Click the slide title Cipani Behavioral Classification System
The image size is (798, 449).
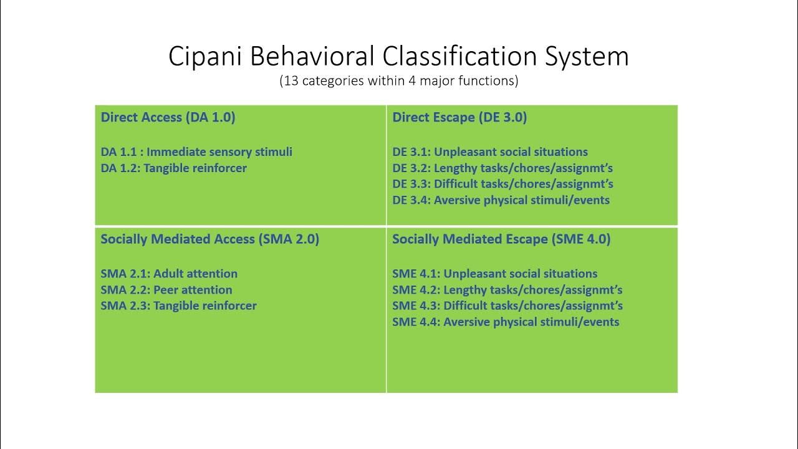(398, 56)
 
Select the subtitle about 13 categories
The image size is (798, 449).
(398, 80)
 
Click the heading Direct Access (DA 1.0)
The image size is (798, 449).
(168, 117)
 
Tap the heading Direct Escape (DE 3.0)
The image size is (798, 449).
(459, 117)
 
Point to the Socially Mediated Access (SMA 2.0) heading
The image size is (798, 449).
(209, 239)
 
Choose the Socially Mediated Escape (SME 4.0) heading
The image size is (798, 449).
(501, 239)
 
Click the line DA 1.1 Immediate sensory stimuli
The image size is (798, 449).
(196, 152)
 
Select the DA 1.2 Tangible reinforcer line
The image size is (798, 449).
(173, 168)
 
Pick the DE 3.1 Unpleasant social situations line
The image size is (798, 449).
(490, 152)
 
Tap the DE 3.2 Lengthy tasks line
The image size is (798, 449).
(502, 168)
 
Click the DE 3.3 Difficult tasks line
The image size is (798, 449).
(502, 184)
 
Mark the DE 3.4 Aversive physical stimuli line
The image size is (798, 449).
(501, 200)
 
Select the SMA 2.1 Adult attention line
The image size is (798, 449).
(169, 273)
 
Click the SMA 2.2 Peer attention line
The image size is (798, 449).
(166, 289)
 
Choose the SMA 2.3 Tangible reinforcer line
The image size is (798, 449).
(178, 306)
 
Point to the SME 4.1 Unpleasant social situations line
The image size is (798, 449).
(495, 273)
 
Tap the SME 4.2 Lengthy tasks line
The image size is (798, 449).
(507, 289)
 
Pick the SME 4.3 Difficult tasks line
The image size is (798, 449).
(507, 306)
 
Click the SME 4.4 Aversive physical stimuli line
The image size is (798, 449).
(506, 322)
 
